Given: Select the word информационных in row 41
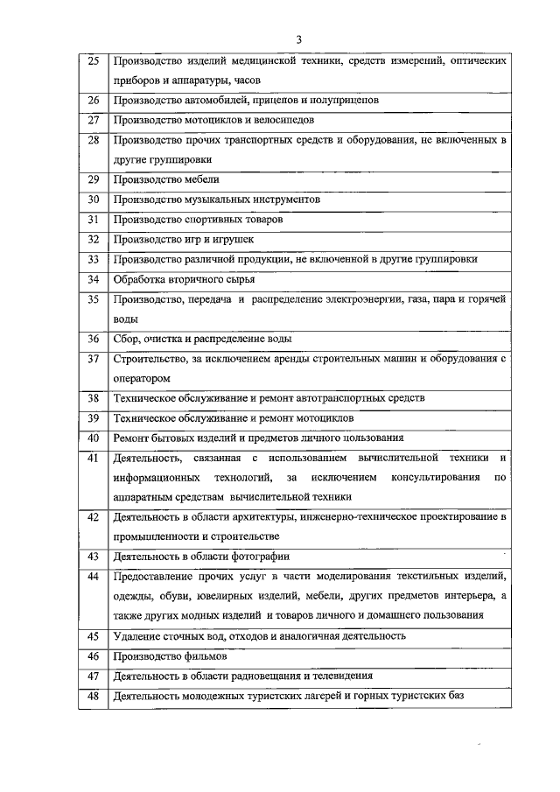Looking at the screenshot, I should coord(156,478).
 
